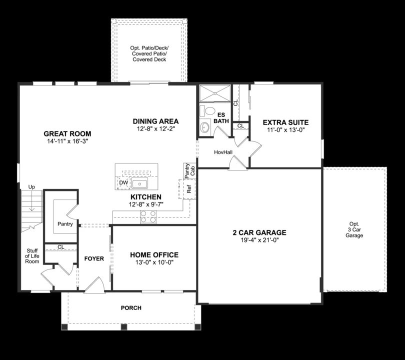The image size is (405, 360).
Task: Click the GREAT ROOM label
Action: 67,133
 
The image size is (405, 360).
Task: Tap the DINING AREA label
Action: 155,121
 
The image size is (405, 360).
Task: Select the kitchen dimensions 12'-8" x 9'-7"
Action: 146,204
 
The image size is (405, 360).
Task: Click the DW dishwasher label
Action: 123,183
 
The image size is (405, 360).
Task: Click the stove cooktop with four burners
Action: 148,216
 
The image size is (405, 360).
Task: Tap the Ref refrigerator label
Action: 189,189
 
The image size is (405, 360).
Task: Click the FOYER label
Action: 94,258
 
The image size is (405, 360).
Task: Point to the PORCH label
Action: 131,307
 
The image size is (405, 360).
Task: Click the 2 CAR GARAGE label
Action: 259,232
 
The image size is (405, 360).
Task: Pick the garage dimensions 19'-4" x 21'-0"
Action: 259,240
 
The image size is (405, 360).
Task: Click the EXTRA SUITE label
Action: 285,122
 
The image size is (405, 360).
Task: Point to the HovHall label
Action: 223,151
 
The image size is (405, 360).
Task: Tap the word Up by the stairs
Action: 32,187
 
